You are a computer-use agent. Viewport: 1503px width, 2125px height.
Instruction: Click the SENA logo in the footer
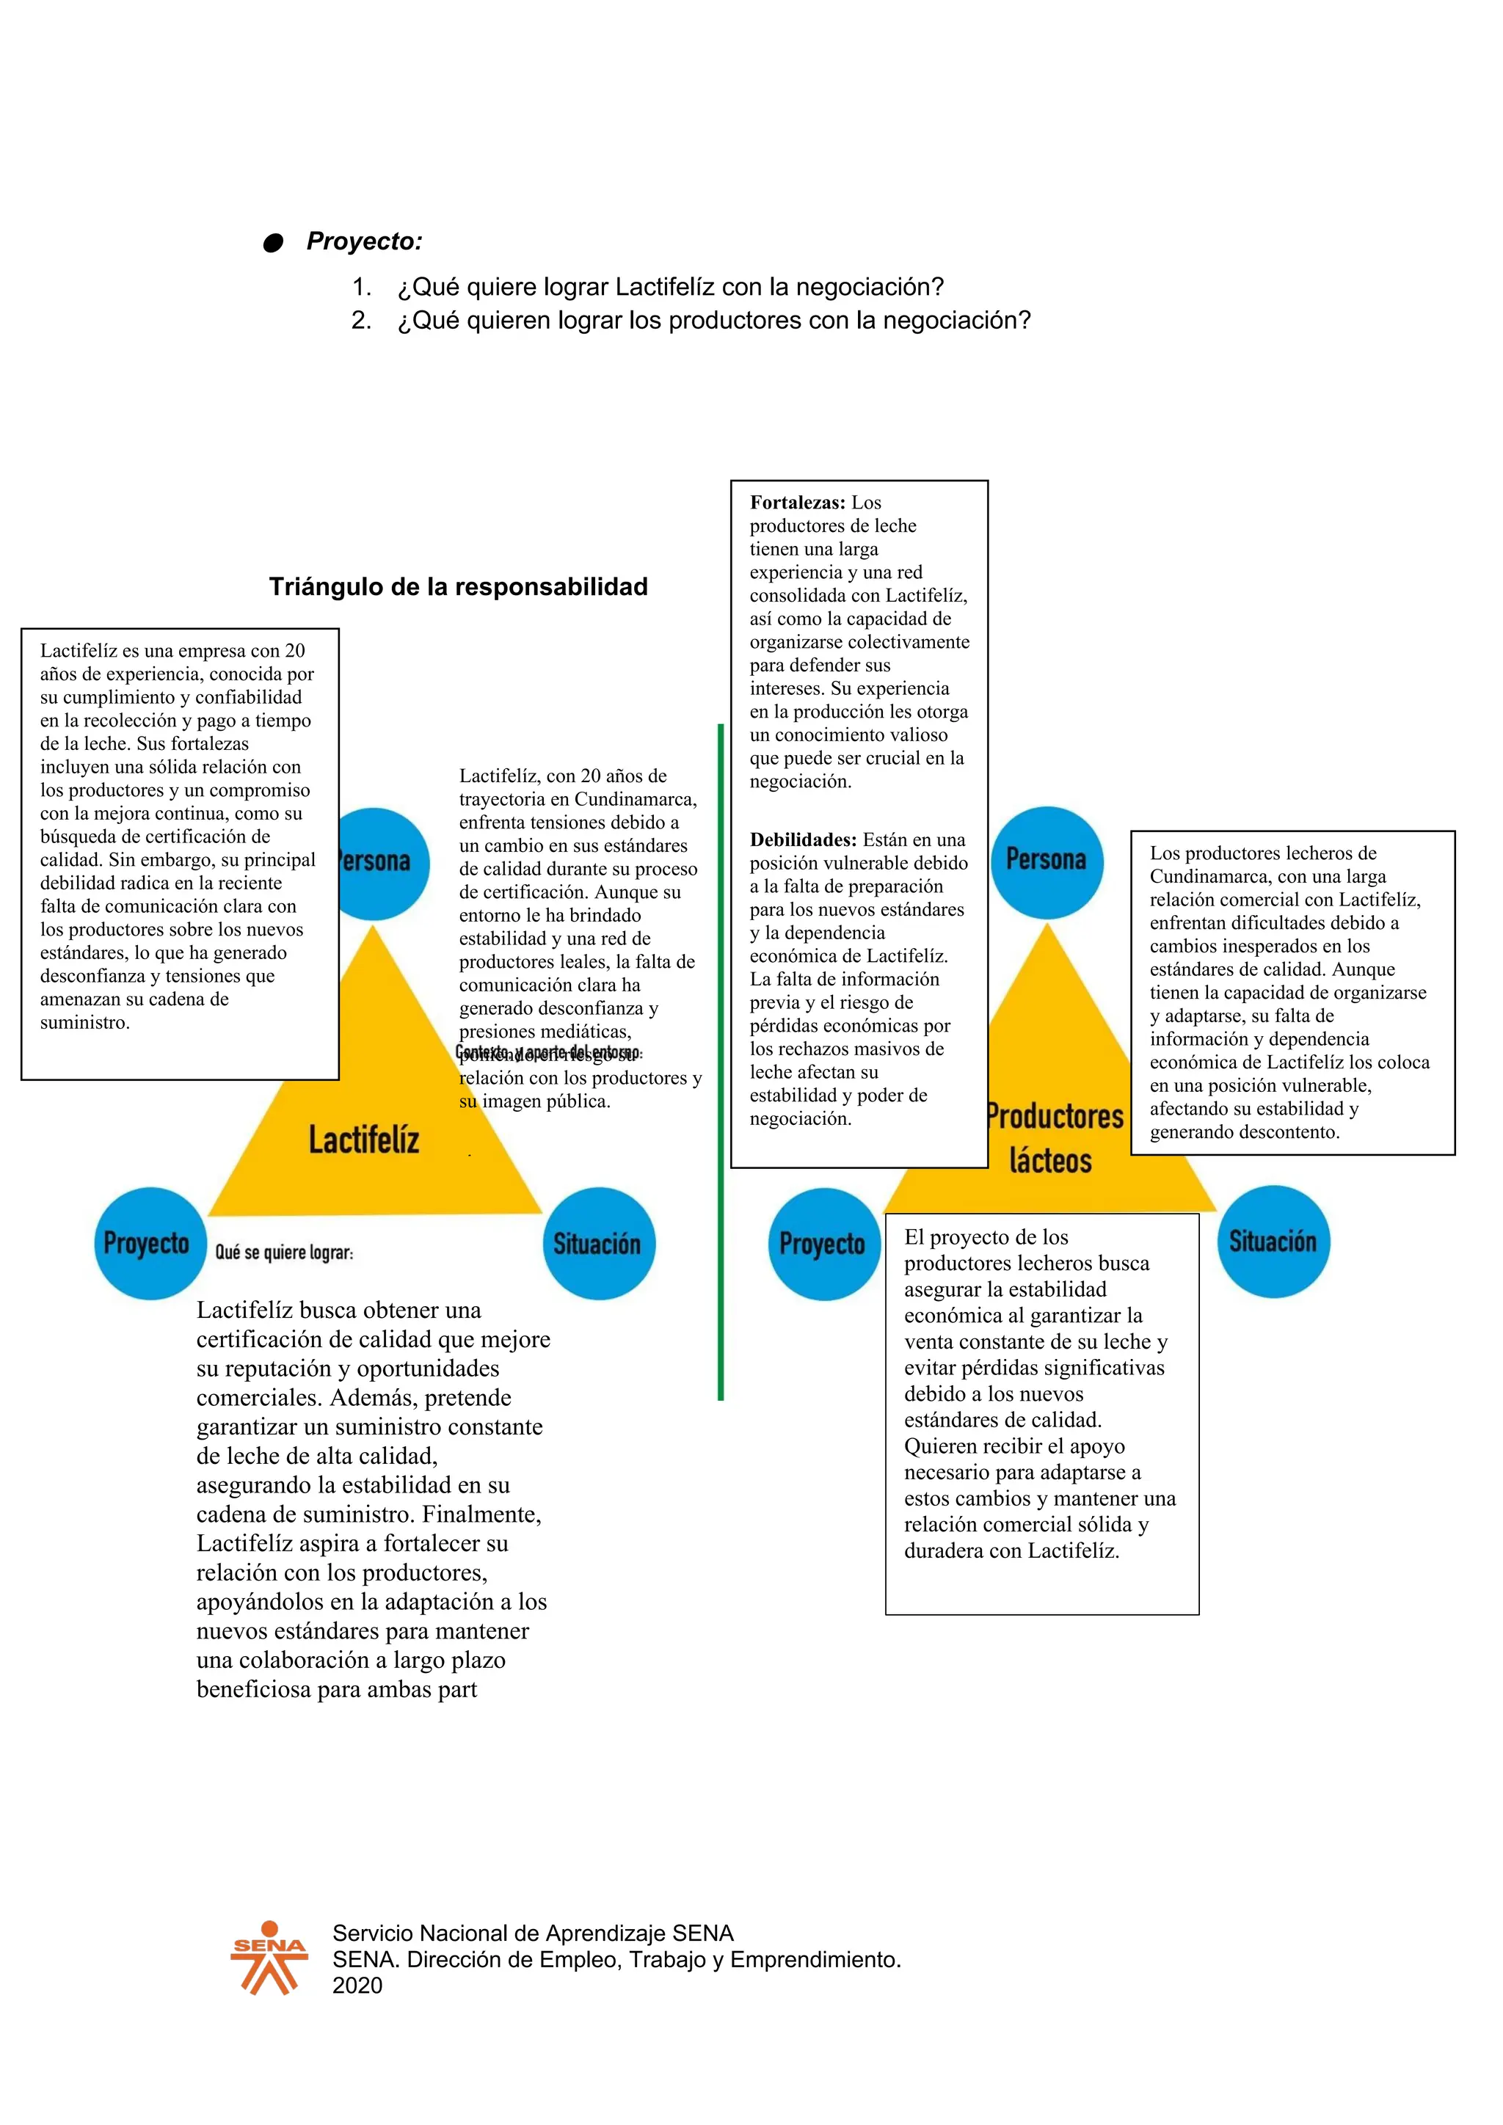click(269, 1958)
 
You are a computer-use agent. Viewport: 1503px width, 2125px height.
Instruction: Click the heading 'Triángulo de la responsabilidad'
click(458, 587)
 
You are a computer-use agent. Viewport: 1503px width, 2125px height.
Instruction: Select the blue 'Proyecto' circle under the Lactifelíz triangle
click(149, 1243)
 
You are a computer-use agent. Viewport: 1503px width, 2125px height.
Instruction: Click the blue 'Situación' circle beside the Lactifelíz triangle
click(598, 1243)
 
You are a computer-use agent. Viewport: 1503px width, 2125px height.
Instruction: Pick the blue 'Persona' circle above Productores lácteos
click(1046, 861)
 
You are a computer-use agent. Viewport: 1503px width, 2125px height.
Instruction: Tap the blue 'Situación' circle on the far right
click(1273, 1241)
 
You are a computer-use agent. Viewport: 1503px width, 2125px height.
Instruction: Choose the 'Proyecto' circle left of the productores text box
click(823, 1244)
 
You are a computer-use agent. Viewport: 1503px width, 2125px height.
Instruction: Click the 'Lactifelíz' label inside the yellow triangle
click(364, 1140)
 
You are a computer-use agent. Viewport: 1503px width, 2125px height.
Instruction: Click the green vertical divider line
click(720, 1065)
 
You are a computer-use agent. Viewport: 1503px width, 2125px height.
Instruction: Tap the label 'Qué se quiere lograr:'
click(284, 1253)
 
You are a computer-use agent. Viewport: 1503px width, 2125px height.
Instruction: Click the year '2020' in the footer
click(357, 1986)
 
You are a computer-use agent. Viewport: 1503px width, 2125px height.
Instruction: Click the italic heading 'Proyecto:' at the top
click(365, 241)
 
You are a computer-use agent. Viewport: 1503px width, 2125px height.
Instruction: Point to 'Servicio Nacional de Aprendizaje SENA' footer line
click(533, 1933)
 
